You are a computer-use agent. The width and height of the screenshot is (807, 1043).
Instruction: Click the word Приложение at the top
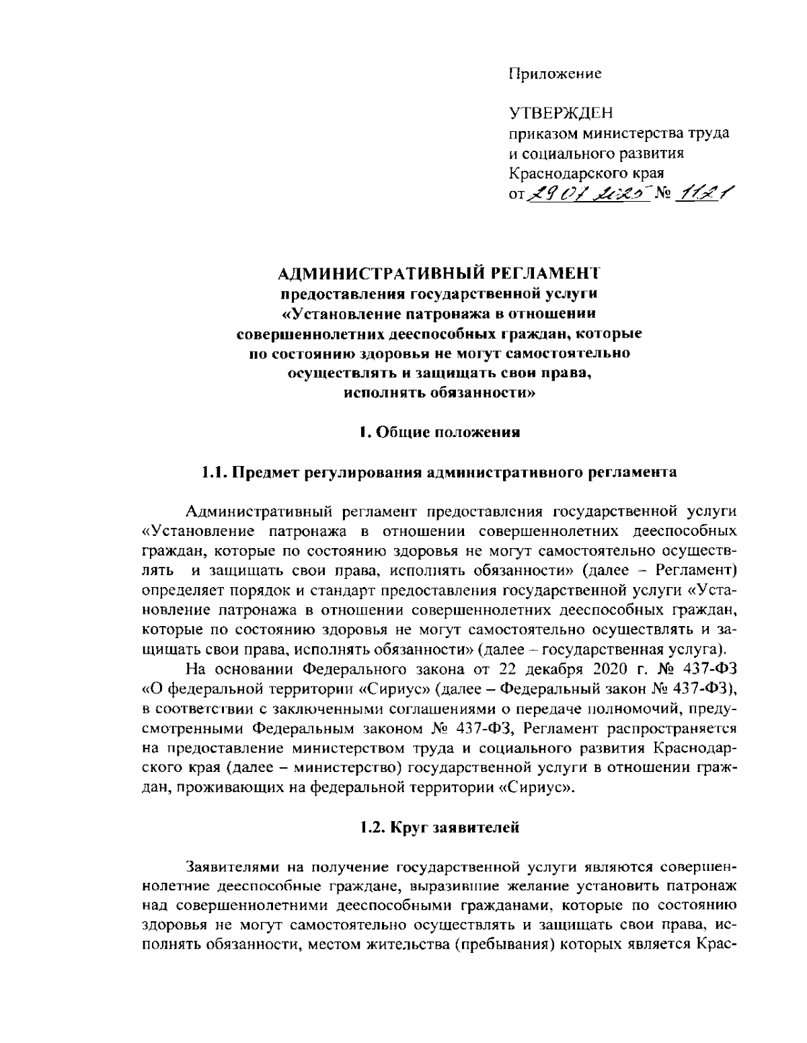click(x=554, y=73)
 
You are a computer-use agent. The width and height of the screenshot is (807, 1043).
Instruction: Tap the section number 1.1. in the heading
click(x=216, y=472)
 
